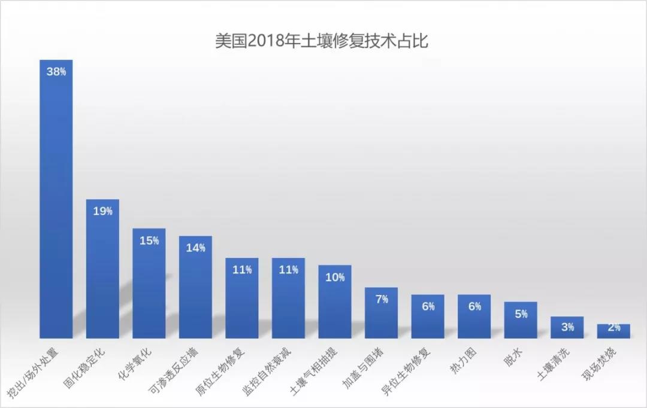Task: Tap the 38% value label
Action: point(56,72)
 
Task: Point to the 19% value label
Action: point(102,211)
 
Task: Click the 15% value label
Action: point(149,240)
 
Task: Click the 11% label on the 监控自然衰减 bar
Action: point(288,270)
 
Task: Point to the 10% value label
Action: point(335,277)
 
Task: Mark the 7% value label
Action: point(382,299)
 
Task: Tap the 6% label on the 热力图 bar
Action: point(474,306)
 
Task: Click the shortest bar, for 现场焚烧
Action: point(613,331)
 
